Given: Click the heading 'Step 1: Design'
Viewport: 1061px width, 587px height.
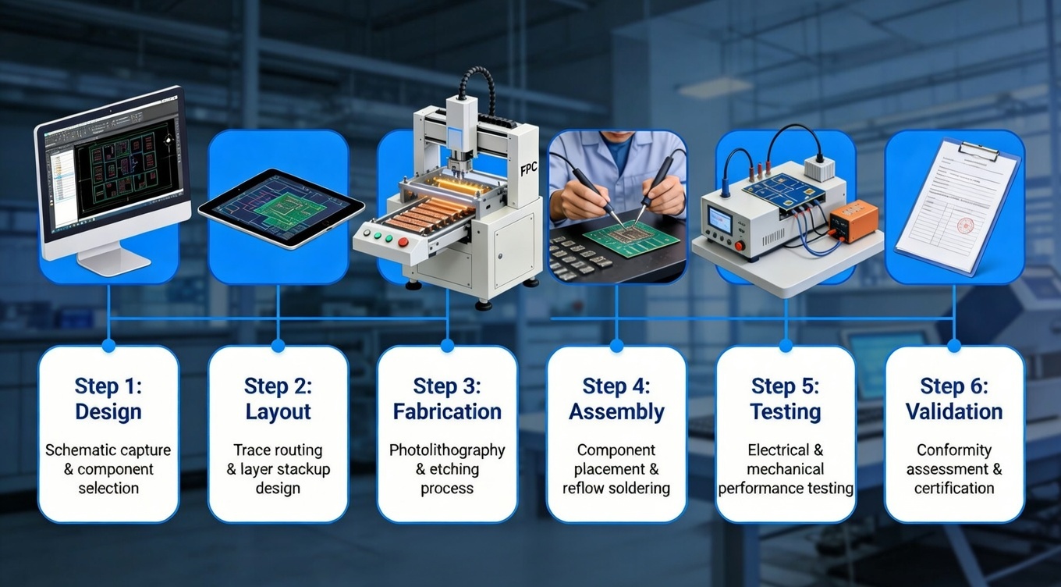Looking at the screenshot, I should [x=108, y=399].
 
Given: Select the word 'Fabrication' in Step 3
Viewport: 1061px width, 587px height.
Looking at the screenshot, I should [x=447, y=411].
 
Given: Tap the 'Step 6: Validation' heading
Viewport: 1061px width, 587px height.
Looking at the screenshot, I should [x=954, y=399].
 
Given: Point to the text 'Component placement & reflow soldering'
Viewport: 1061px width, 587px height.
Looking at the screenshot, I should [x=616, y=469].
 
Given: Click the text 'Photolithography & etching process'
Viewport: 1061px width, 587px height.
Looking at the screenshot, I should [x=447, y=469].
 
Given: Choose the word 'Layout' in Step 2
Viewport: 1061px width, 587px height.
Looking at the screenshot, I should [x=278, y=411].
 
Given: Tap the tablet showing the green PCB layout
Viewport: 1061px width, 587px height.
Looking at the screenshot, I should [x=281, y=207].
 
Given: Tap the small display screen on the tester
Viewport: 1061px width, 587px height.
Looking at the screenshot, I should [x=719, y=219].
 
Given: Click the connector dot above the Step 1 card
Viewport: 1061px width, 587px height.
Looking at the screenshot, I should [x=108, y=344].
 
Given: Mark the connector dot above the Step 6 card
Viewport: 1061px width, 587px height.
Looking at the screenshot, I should [x=954, y=344].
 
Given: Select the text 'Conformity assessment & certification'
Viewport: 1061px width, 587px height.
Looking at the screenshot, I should [x=954, y=469].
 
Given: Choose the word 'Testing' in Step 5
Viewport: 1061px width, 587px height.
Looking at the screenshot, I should [x=785, y=411].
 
